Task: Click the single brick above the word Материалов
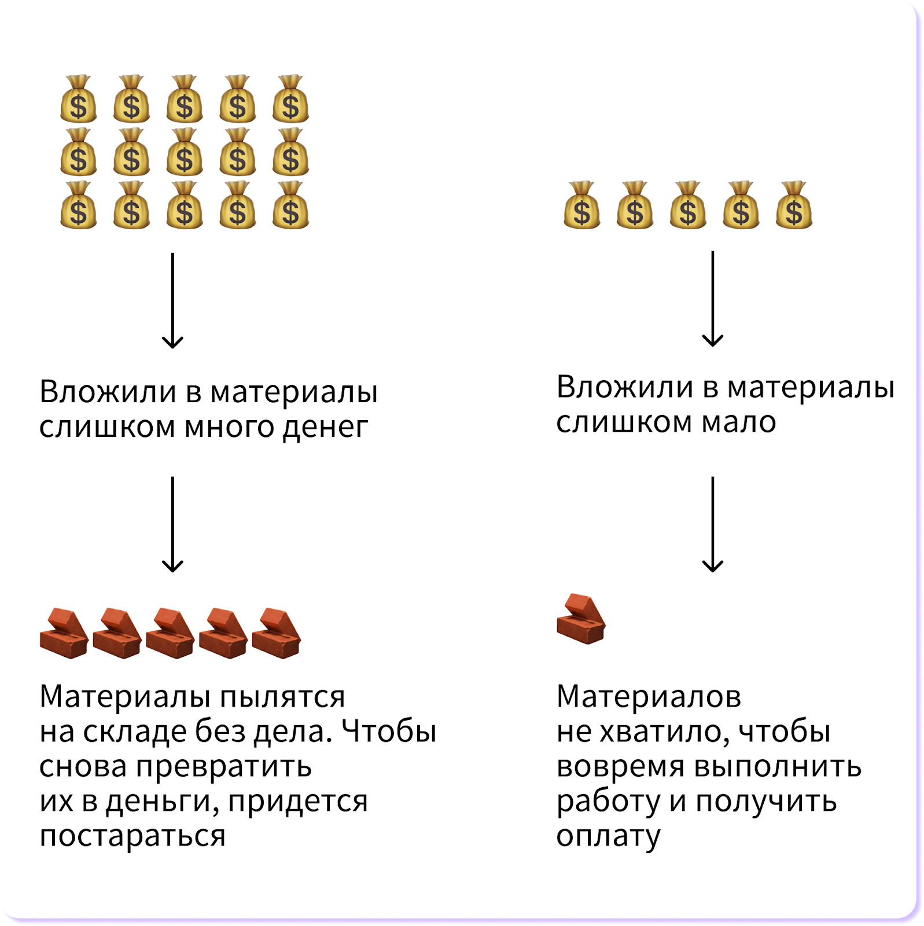[581, 619]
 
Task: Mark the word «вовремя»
[620, 767]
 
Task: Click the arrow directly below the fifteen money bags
[172, 300]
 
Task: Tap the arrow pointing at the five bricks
[172, 524]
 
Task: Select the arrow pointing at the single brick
[712, 524]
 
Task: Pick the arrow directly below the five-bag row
[712, 299]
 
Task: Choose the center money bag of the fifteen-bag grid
[185, 152]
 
